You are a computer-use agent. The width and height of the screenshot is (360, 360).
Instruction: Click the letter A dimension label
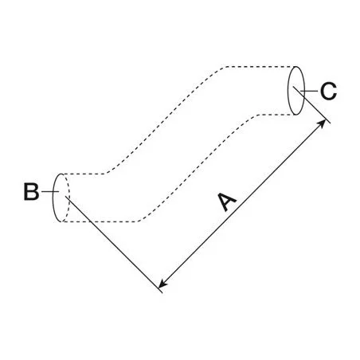click(x=227, y=202)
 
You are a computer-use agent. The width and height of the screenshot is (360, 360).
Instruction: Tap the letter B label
click(x=31, y=191)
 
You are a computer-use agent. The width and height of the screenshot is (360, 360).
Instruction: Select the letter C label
click(x=328, y=91)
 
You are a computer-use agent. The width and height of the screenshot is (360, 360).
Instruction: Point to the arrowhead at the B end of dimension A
click(x=162, y=284)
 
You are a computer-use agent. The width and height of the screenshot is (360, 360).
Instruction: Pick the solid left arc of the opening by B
click(x=53, y=198)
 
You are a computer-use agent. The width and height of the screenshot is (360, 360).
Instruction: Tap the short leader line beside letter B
click(x=50, y=191)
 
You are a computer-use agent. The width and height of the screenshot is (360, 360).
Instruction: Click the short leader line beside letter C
click(x=309, y=91)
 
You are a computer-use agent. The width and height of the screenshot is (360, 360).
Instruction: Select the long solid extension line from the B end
click(x=114, y=245)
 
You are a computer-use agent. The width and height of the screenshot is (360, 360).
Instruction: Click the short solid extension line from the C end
click(x=311, y=104)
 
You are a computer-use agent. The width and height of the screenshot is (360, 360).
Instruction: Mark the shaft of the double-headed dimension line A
click(x=242, y=204)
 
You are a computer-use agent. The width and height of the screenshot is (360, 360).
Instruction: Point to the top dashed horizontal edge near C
click(x=260, y=66)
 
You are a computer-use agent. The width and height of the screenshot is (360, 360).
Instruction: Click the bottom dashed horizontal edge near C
click(x=276, y=115)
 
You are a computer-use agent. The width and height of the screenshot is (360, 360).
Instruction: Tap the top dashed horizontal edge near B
click(x=84, y=174)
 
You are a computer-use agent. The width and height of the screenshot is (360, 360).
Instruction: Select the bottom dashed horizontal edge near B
click(x=100, y=221)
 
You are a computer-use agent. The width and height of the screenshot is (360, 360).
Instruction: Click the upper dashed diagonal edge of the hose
click(x=165, y=120)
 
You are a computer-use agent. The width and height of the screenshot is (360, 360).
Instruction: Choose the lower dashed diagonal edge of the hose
click(x=198, y=168)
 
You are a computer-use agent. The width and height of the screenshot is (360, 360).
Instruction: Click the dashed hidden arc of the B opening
click(x=69, y=198)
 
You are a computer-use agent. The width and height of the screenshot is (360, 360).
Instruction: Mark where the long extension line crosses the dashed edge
click(x=90, y=221)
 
